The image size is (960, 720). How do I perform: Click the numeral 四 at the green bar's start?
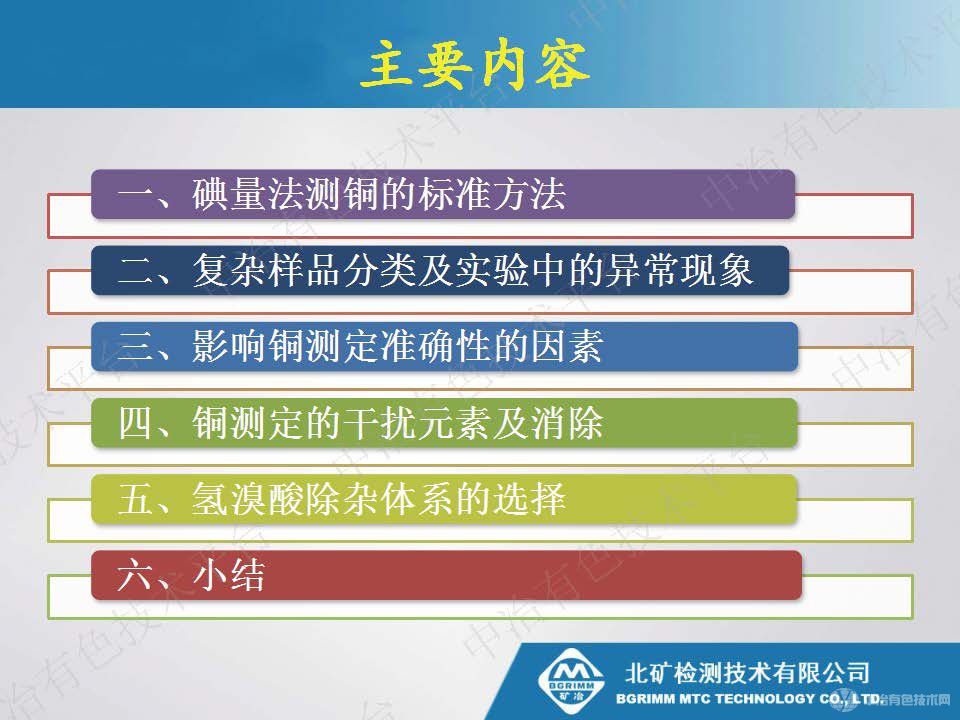(134, 422)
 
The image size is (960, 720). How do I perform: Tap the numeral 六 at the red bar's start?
(134, 575)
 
